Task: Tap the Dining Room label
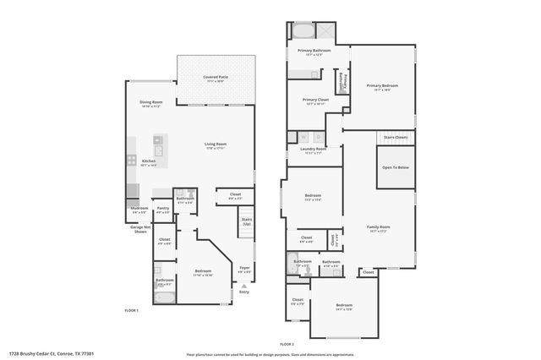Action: click(151, 103)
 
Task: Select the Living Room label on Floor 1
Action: click(216, 145)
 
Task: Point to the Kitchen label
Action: click(149, 161)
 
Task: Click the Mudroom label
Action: click(139, 208)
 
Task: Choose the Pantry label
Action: click(163, 208)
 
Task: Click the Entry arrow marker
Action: click(244, 286)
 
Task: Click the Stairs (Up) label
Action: click(247, 222)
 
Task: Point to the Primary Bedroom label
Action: click(381, 86)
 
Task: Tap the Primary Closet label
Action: click(315, 100)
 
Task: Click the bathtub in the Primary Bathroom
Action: click(302, 33)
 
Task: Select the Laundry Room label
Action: click(314, 150)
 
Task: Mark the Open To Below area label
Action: click(396, 167)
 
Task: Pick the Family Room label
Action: click(378, 227)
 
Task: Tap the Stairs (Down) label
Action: click(396, 136)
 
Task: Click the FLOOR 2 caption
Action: click(287, 344)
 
